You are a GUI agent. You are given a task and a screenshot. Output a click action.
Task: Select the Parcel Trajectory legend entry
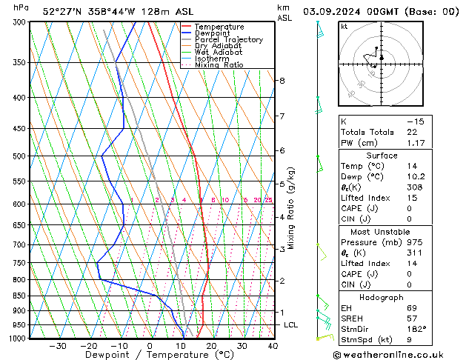(228, 40)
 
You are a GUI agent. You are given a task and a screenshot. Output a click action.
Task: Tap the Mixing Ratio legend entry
(219, 65)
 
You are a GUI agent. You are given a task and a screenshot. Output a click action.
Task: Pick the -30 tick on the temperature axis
(58, 346)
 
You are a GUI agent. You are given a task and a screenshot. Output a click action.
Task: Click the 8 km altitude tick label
(282, 80)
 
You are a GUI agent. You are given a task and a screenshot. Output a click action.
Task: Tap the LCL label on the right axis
(291, 325)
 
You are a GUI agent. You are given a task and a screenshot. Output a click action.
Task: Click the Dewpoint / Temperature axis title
(148, 355)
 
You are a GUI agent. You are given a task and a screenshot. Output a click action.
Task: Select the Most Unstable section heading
(382, 231)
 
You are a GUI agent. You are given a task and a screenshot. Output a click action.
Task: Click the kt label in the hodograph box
(344, 26)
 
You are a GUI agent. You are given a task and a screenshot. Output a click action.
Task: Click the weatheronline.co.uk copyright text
(398, 354)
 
